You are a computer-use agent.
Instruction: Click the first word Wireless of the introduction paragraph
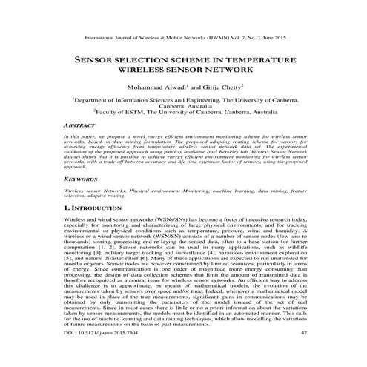pos(76,221)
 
